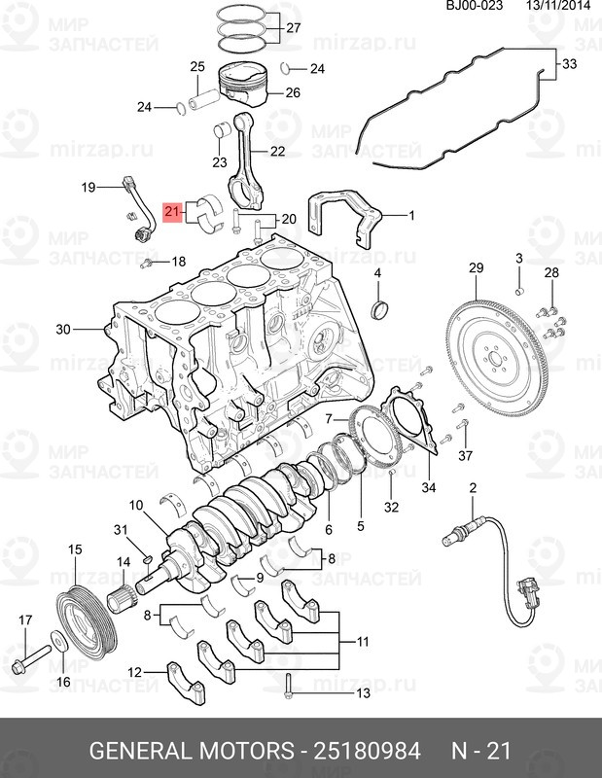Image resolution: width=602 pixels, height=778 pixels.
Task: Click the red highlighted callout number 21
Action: coord(172,211)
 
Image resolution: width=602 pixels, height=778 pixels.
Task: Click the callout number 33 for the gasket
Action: coord(569,64)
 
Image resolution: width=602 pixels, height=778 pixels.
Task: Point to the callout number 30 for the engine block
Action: coord(63,330)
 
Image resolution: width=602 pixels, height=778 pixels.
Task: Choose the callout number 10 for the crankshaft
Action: coord(136,505)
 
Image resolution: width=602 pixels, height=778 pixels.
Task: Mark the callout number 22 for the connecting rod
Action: coord(277,151)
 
